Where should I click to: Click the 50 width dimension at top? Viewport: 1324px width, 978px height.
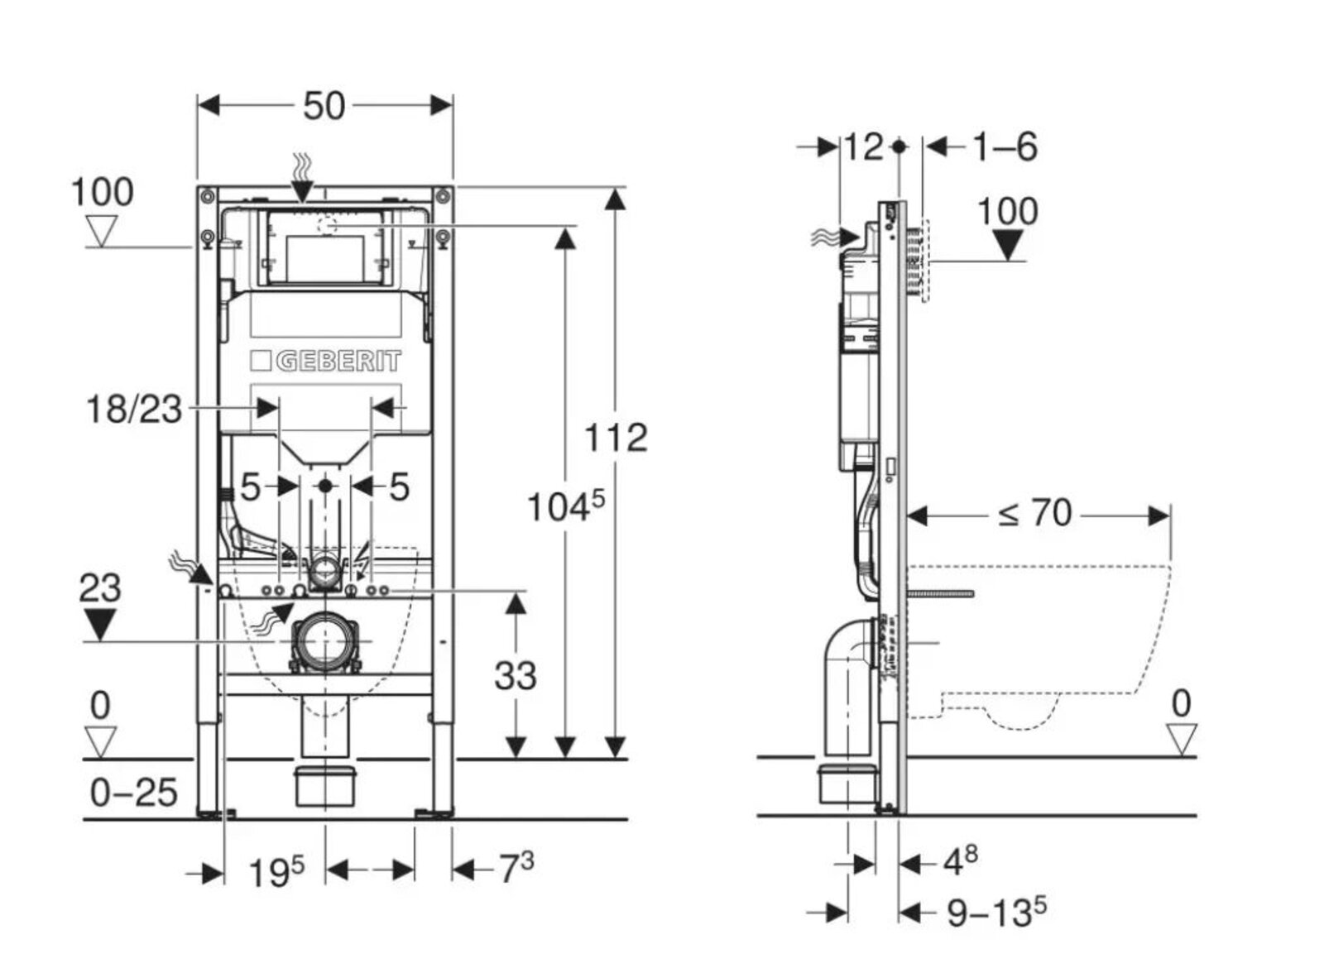click(x=324, y=106)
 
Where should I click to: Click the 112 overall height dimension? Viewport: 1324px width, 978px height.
click(x=616, y=438)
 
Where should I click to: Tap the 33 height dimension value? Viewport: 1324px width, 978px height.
click(x=516, y=675)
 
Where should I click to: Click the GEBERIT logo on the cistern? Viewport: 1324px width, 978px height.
click(x=326, y=362)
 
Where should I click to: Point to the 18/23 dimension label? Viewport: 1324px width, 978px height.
click(x=134, y=408)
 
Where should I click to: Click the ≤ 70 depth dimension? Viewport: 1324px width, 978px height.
click(x=1034, y=514)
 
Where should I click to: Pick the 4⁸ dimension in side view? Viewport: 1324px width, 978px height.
click(x=960, y=862)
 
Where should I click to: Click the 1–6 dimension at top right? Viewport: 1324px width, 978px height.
click(x=1004, y=147)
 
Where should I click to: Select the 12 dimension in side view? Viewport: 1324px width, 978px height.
click(x=862, y=147)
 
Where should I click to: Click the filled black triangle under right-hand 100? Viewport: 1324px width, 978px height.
click(x=1007, y=245)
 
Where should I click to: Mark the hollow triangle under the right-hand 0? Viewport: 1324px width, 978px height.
click(x=1181, y=737)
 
